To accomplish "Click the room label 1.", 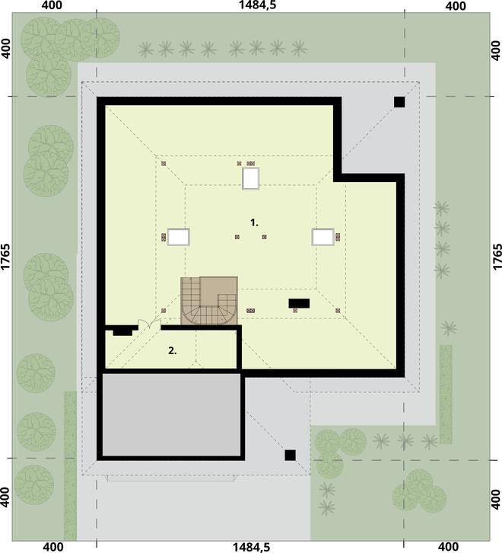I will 255,222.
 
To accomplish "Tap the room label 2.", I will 172,351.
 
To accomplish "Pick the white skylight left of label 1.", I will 177,237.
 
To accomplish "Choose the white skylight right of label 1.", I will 322,237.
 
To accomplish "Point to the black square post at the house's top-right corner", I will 399,102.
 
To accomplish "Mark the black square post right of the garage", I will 290,456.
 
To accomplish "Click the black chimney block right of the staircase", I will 299,303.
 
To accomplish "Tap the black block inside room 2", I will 122,331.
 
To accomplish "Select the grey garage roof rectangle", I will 172,415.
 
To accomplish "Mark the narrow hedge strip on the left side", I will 70,465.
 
